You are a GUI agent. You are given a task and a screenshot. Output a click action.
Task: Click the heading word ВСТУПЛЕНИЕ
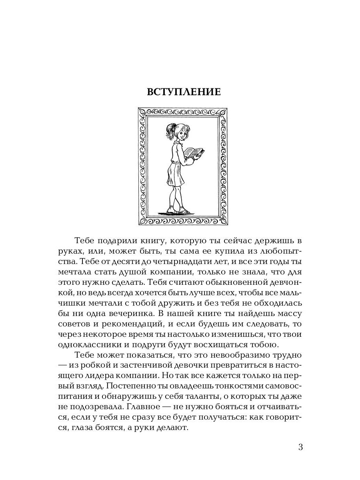(184, 92)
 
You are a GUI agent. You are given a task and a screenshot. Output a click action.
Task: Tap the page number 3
(301, 447)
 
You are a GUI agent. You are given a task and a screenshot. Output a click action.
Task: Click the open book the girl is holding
(194, 152)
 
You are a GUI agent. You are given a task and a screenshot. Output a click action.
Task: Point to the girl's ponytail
(169, 130)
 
